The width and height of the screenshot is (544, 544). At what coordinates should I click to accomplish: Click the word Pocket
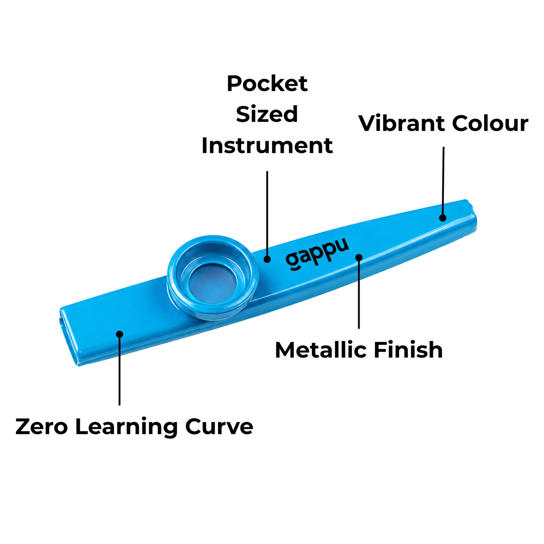(x=267, y=83)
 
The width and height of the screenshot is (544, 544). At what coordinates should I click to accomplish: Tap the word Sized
(x=267, y=114)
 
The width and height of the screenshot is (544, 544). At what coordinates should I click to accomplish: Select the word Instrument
(x=267, y=146)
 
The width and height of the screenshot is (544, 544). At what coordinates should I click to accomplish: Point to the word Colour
(x=490, y=123)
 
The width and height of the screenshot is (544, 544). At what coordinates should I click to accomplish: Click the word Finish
(x=408, y=350)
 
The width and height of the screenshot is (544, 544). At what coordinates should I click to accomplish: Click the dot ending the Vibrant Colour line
(x=442, y=218)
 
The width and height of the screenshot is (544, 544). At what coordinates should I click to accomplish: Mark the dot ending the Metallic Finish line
(x=359, y=257)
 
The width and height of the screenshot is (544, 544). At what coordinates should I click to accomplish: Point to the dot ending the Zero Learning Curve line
(x=119, y=334)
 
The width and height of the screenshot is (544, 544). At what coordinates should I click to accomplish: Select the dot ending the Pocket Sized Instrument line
(x=267, y=259)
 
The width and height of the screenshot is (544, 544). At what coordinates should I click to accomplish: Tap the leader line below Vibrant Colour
(x=443, y=181)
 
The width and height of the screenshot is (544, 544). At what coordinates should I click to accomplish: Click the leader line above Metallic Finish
(x=359, y=295)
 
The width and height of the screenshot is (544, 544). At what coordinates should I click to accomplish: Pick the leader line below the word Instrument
(x=267, y=213)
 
